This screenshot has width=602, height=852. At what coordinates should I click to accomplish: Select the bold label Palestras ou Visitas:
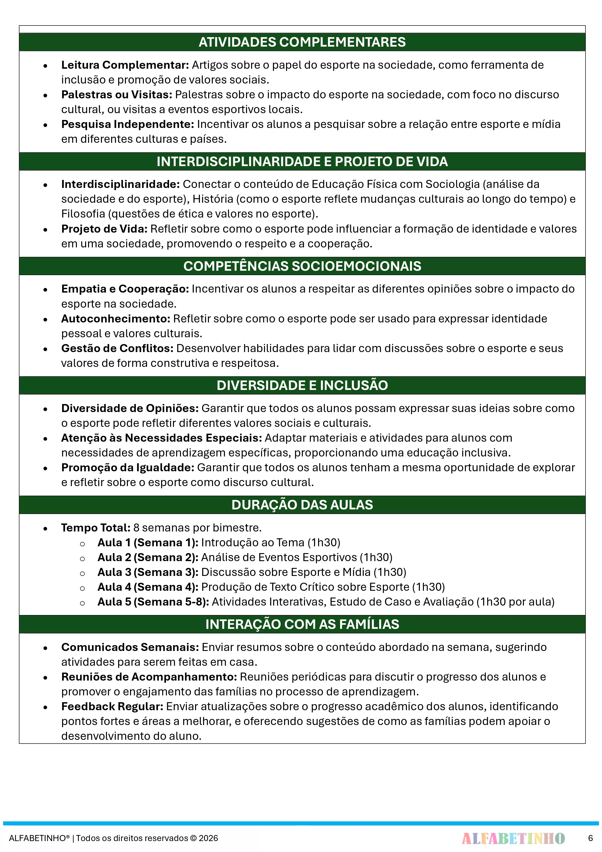[x=116, y=95]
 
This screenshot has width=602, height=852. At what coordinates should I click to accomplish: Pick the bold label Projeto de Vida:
[x=104, y=229]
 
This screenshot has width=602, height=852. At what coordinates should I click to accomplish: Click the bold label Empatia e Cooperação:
[x=125, y=289]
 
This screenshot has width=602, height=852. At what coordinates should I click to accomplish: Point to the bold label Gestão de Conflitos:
[x=117, y=348]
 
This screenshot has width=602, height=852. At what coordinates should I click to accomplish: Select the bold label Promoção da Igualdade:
[x=128, y=468]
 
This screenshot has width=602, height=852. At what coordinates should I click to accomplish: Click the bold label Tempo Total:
[x=96, y=528]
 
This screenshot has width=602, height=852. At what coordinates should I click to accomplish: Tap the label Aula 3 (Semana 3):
[x=148, y=572]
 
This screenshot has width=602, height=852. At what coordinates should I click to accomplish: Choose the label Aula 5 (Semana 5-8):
[x=153, y=602]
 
